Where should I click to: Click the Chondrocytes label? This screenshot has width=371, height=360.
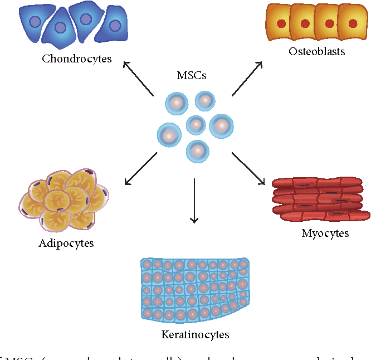tap(77, 59)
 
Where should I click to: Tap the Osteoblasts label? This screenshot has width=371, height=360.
tap(317, 52)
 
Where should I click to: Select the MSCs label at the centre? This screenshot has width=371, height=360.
tap(191, 76)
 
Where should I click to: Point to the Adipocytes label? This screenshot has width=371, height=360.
tap(66, 243)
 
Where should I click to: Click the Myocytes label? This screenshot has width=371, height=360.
tap(325, 233)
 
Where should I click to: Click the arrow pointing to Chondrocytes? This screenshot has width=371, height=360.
tap(138, 78)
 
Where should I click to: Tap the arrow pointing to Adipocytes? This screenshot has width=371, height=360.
tap(140, 168)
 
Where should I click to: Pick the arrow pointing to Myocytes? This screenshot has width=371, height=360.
tap(249, 168)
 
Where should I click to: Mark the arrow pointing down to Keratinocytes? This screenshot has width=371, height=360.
tap(194, 201)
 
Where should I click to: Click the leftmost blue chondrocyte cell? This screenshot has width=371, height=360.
tap(34, 22)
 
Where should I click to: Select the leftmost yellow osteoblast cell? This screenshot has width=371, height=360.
tap(281, 23)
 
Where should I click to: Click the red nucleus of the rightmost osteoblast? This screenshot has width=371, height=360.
tap(353, 24)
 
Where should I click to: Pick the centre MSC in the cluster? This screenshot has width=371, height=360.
tap(196, 125)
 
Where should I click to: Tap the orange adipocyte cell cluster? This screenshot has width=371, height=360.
tap(65, 198)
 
